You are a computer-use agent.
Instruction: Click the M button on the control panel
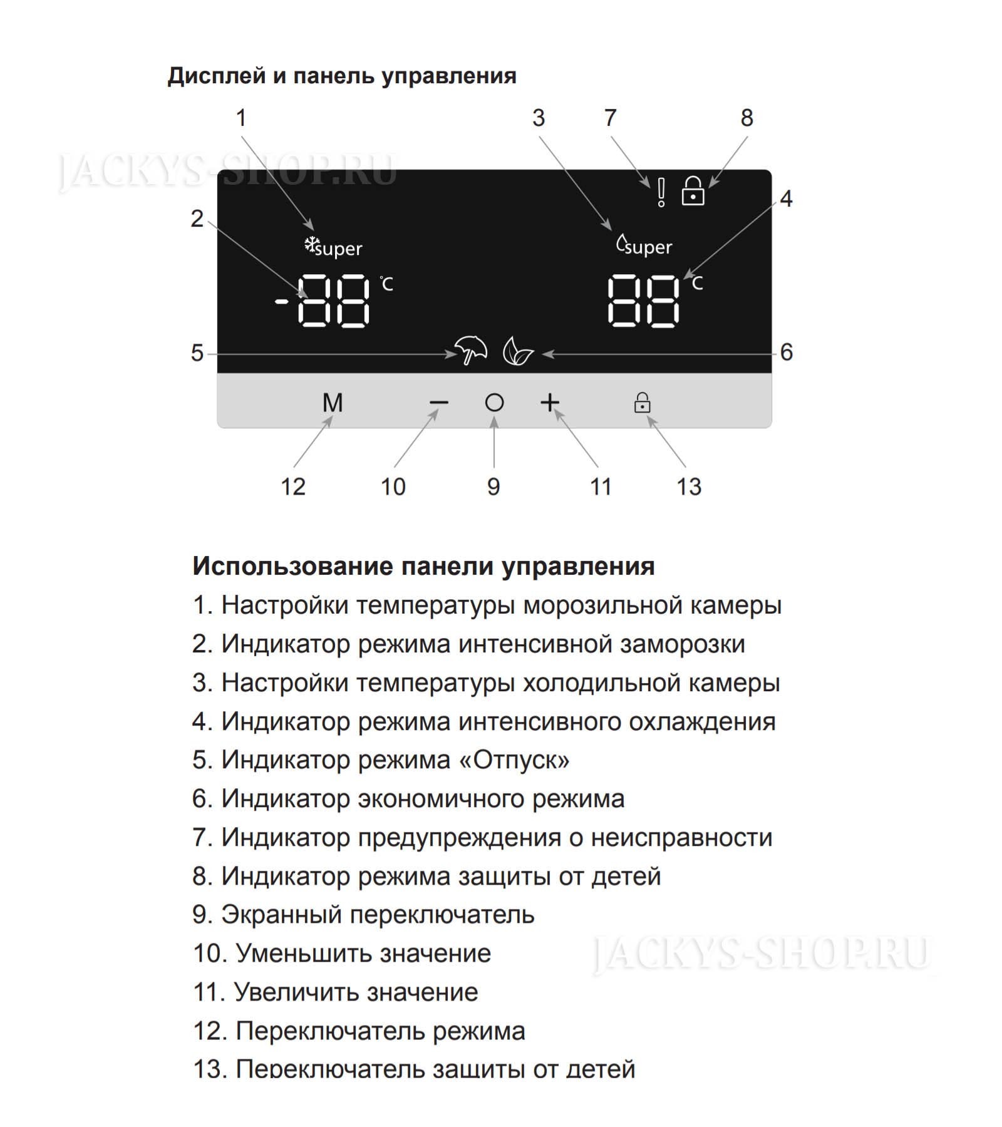pyautogui.click(x=333, y=403)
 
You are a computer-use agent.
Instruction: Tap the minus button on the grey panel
pyautogui.click(x=439, y=403)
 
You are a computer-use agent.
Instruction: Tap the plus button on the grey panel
pyautogui.click(x=549, y=403)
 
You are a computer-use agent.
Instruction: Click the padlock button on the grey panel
pyautogui.click(x=642, y=403)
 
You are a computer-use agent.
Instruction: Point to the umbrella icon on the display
pyautogui.click(x=471, y=351)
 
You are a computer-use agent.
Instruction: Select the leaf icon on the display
pyautogui.click(x=517, y=351)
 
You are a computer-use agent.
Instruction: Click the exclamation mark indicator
pyautogui.click(x=661, y=192)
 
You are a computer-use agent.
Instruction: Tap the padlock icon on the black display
pyautogui.click(x=693, y=191)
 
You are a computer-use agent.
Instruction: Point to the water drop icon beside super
pyautogui.click(x=622, y=243)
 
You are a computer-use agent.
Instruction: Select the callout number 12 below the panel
pyautogui.click(x=292, y=486)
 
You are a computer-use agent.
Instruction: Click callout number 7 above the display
pyautogui.click(x=610, y=118)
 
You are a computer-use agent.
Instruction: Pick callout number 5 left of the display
pyautogui.click(x=197, y=353)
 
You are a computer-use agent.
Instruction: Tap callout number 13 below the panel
pyautogui.click(x=689, y=486)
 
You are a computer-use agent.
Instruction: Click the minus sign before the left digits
pyautogui.click(x=282, y=302)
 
